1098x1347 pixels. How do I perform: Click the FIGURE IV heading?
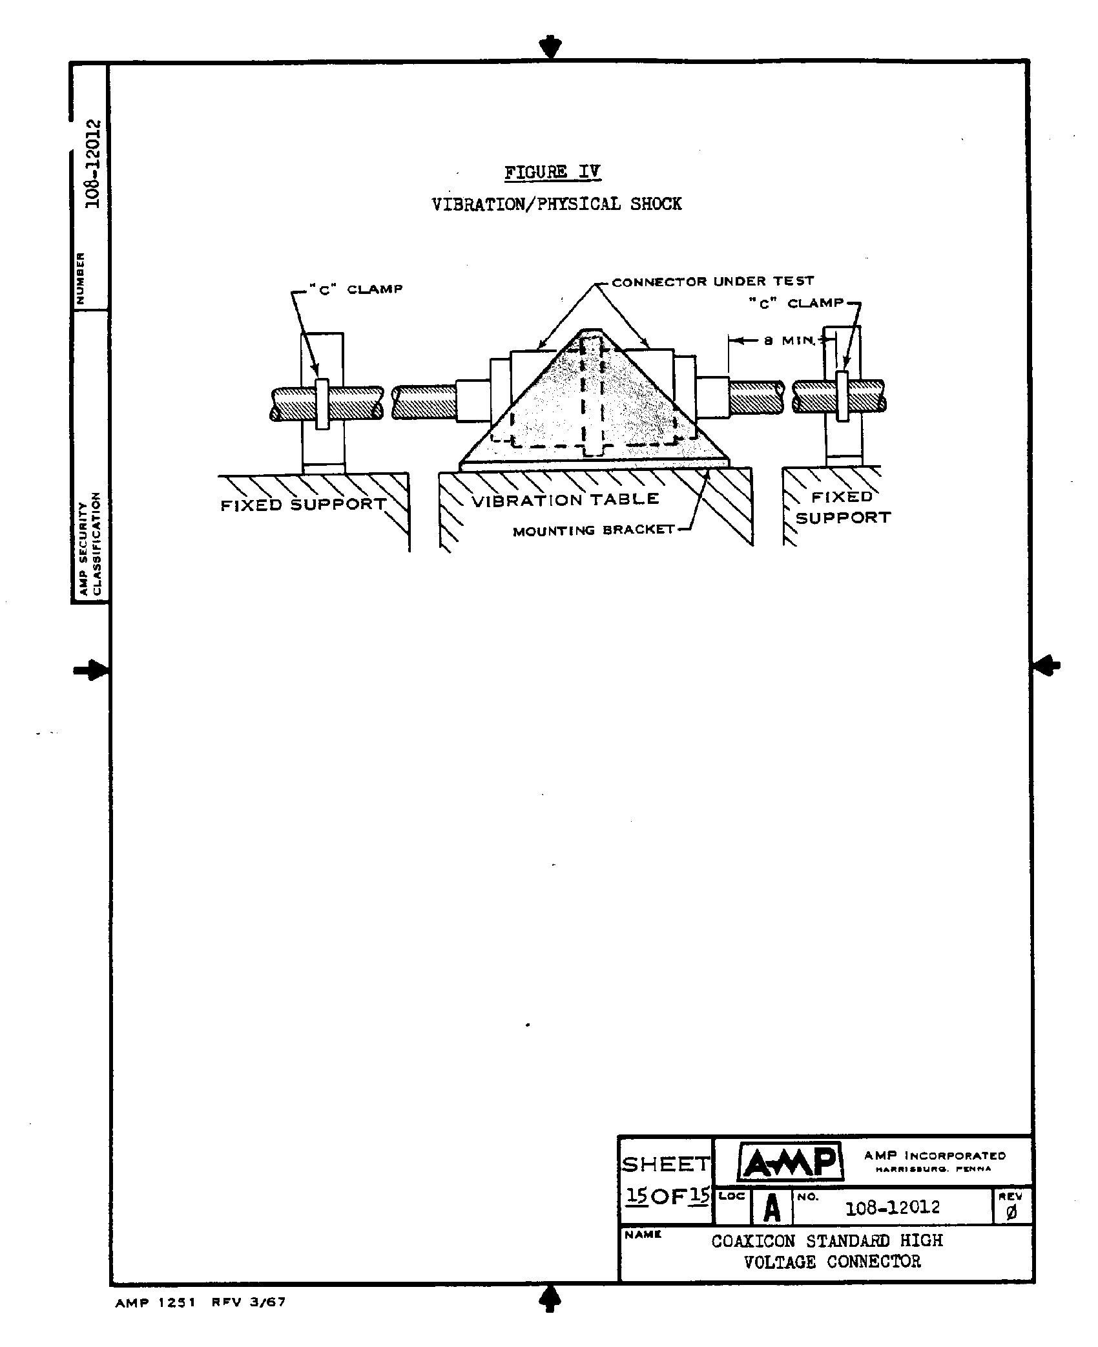pos(552,172)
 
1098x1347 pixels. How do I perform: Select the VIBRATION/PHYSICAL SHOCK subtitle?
pos(556,204)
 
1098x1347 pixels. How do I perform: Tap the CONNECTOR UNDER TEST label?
pos(713,281)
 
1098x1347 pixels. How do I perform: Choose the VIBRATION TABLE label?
pos(565,499)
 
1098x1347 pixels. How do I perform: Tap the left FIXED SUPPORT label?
pos(304,505)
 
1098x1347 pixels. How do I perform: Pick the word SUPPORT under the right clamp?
pos(843,517)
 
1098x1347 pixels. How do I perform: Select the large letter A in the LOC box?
pos(772,1207)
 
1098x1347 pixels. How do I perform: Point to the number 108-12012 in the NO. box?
pos(893,1207)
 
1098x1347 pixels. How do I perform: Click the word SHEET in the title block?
pos(665,1164)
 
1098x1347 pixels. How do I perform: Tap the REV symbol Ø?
pos(1011,1213)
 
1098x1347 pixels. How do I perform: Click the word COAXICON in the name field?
pos(753,1241)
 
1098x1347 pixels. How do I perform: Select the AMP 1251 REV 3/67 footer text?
pos(200,1302)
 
